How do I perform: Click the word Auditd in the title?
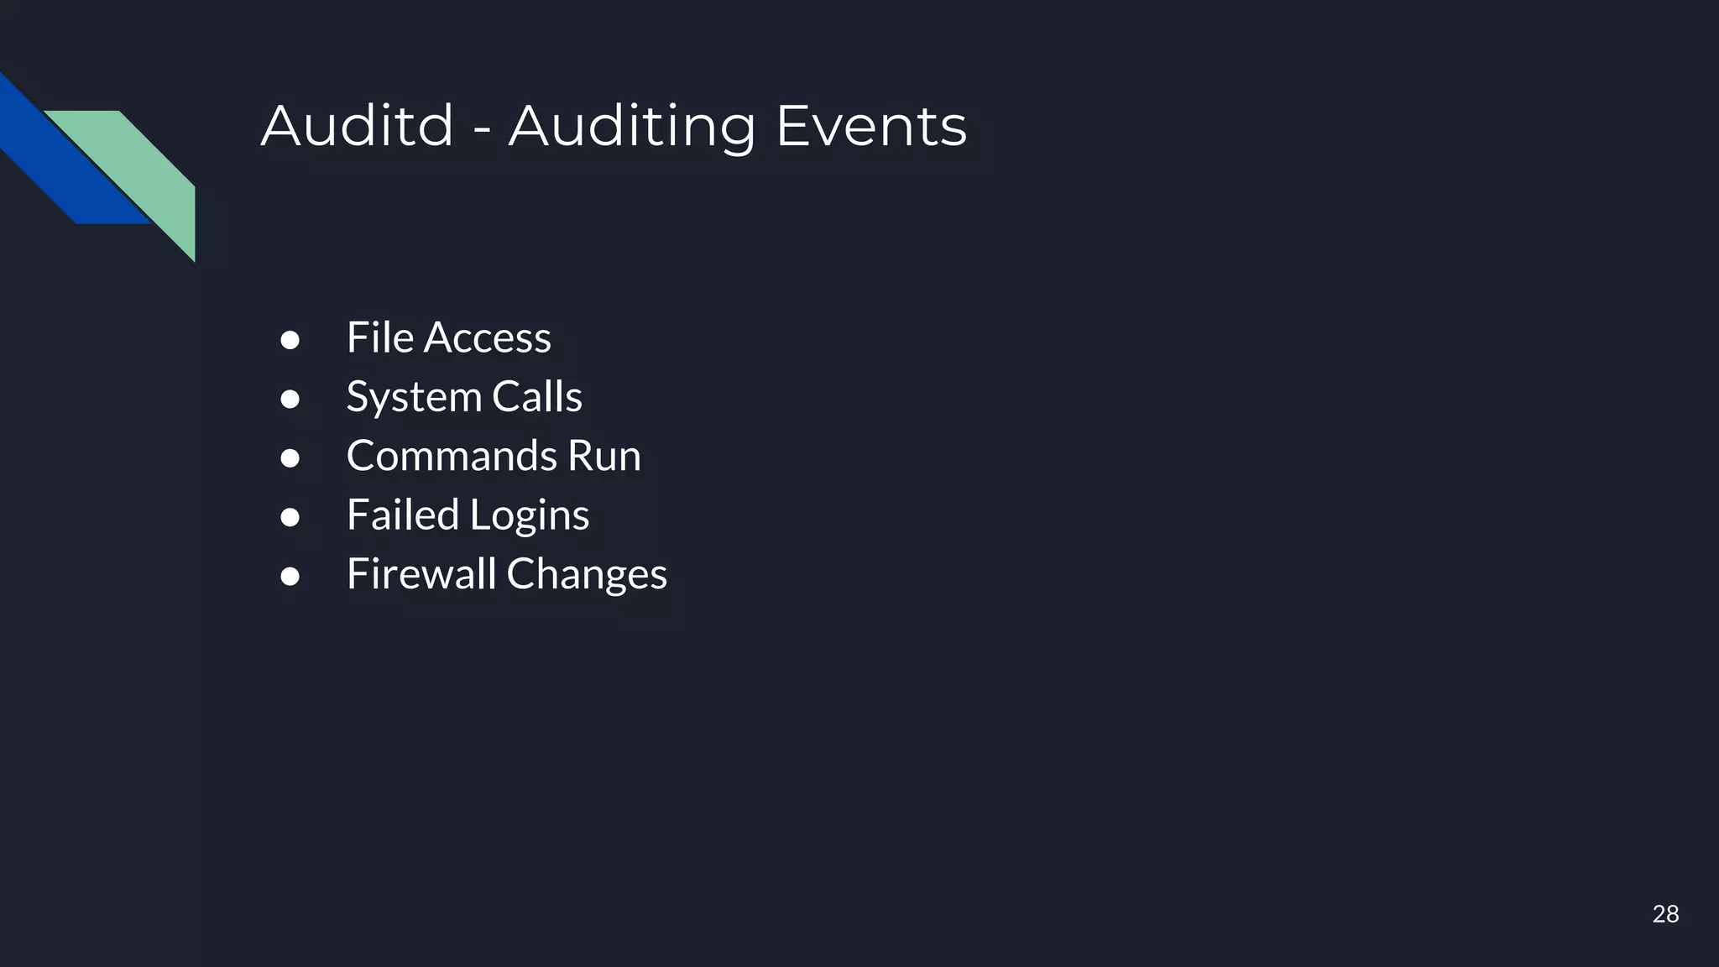[357, 126]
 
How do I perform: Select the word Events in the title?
[871, 126]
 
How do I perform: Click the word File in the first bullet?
[380, 337]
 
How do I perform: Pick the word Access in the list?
[488, 337]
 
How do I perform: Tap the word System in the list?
[414, 397]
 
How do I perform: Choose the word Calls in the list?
[537, 396]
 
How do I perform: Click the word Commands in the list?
[450, 456]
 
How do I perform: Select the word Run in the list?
[604, 456]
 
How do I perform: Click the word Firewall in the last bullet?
[421, 574]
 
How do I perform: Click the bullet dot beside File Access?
[290, 340]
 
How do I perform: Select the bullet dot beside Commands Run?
[290, 458]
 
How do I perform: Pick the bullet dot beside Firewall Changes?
[290, 577]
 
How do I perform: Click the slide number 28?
[1665, 914]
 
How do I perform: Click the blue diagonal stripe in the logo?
[59, 159]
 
